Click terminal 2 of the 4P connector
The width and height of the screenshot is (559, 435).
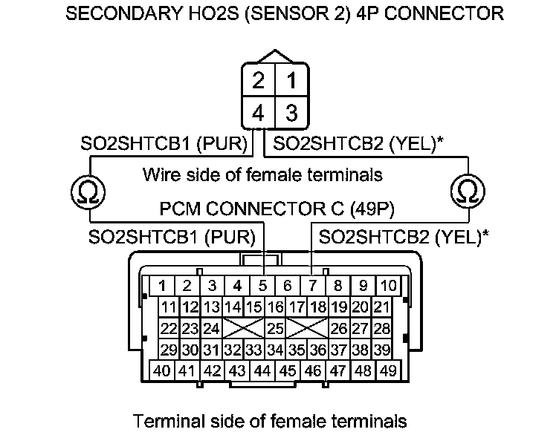(258, 81)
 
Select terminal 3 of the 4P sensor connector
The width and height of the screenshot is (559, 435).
(291, 114)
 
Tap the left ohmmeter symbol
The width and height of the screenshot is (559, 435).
(88, 192)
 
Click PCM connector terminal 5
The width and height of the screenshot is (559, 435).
(262, 285)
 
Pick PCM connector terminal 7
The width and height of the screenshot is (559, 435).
(312, 285)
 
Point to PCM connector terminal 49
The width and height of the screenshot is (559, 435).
(387, 370)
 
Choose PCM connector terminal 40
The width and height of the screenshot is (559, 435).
(162, 370)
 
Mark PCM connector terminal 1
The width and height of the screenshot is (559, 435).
(162, 285)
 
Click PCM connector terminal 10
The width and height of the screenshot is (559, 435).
(388, 285)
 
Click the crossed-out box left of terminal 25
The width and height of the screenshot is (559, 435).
(242, 327)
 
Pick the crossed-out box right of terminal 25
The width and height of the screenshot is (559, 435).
(308, 327)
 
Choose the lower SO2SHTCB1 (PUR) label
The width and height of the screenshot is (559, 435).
(172, 238)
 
